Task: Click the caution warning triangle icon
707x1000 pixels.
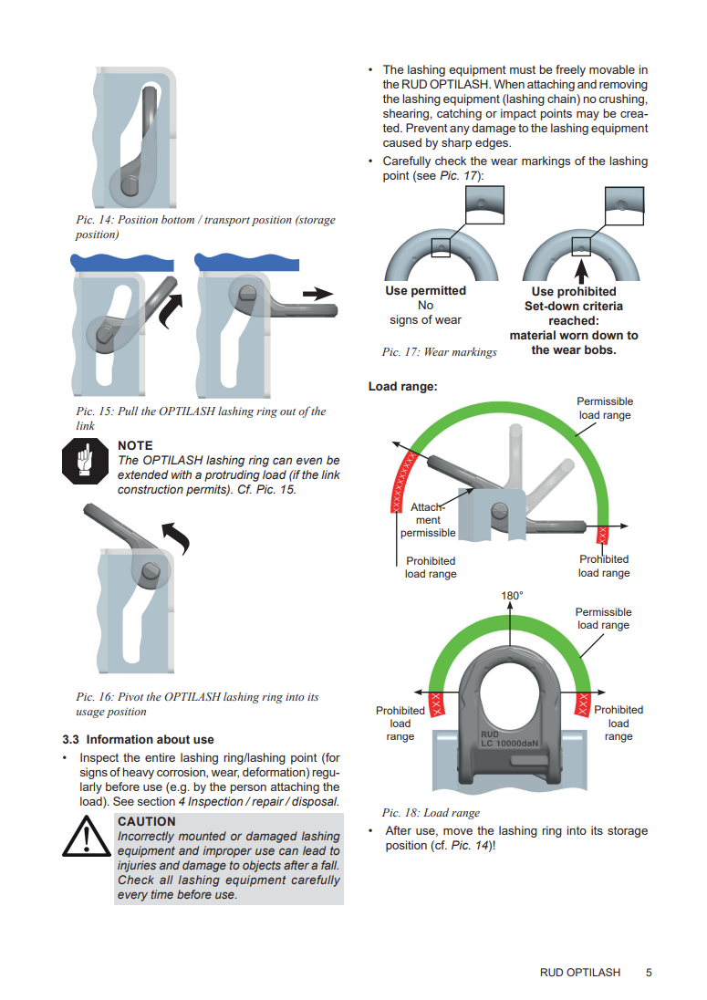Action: (86, 837)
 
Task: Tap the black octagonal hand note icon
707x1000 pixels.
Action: (85, 461)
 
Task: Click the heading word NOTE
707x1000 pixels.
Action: (135, 446)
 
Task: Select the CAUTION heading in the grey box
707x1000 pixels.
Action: (147, 821)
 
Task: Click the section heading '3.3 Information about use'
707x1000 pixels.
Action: (138, 739)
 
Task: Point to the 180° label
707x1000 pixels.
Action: (512, 596)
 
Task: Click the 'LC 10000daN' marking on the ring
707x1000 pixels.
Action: (509, 743)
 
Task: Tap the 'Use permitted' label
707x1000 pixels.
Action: (425, 291)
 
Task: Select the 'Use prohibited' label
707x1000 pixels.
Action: (574, 291)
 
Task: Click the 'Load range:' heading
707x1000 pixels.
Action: (403, 387)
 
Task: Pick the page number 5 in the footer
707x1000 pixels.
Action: (649, 973)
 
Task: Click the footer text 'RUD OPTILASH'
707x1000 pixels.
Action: (580, 973)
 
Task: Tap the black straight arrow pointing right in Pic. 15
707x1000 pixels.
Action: (317, 294)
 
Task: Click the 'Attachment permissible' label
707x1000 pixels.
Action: (428, 520)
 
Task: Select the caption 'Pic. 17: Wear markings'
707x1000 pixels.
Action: (439, 352)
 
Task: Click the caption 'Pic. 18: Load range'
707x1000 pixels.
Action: (431, 812)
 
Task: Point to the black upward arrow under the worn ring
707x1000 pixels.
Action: (581, 270)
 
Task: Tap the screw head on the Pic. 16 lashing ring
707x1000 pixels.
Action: (151, 571)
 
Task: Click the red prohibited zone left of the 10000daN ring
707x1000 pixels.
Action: (437, 704)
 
